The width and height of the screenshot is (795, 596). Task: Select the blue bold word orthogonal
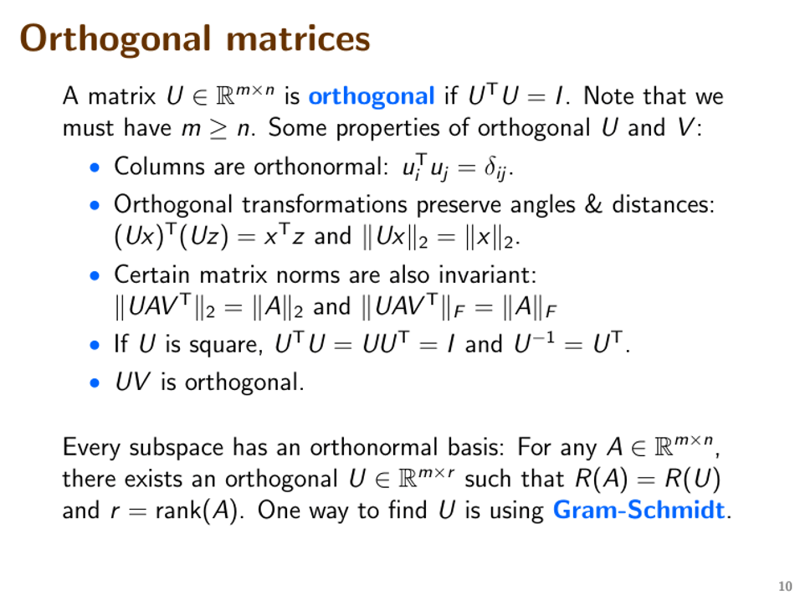pos(371,97)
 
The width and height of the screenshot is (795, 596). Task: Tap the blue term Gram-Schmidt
pos(640,510)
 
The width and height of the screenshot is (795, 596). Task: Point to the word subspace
pos(185,448)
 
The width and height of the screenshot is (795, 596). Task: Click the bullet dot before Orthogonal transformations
pos(98,205)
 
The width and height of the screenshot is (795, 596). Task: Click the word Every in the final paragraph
pos(89,448)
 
